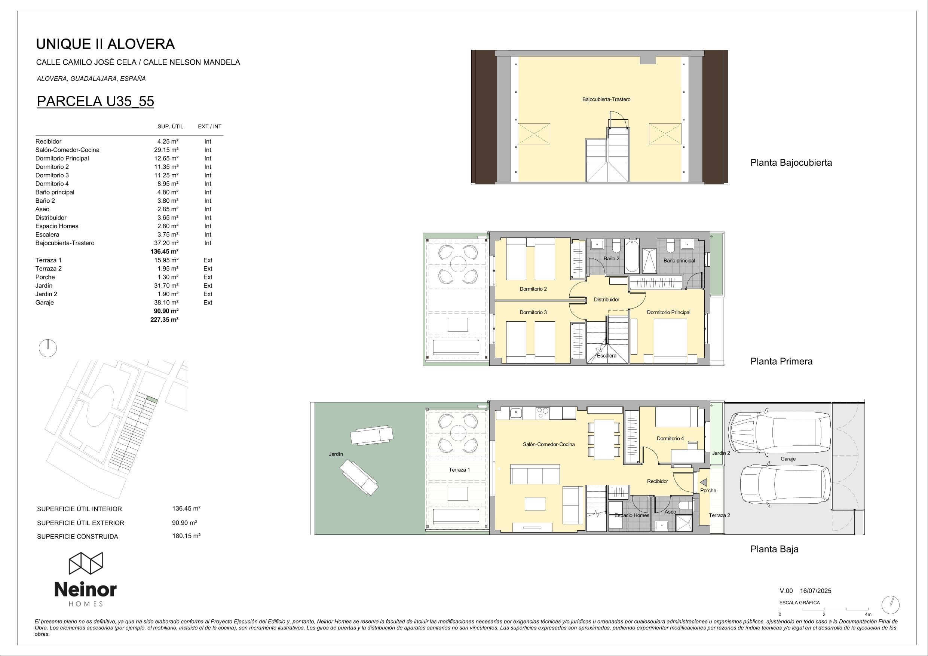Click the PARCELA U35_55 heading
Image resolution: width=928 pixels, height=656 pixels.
tap(95, 101)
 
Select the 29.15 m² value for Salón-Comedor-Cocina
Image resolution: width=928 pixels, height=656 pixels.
tap(168, 150)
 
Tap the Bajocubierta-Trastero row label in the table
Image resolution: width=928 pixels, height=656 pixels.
tap(65, 243)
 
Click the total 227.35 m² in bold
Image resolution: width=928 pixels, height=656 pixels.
tap(165, 319)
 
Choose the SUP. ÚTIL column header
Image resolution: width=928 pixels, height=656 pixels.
tap(170, 126)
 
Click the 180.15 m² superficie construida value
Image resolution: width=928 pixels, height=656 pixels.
tap(186, 536)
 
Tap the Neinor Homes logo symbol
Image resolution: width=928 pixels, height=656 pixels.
tap(86, 564)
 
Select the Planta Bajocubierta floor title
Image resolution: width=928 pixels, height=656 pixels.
tap(791, 162)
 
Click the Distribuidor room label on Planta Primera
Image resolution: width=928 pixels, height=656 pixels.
tap(606, 300)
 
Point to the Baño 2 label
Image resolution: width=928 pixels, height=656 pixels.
tap(612, 258)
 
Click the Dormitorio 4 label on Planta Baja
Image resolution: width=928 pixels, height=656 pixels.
tap(670, 438)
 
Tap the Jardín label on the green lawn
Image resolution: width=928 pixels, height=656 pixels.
tap(336, 454)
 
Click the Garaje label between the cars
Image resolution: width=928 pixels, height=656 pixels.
tap(788, 459)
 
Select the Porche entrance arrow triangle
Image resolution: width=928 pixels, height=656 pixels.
tap(704, 482)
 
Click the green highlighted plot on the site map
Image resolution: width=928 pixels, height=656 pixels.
tap(152, 400)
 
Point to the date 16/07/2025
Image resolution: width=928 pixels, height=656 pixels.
tap(816, 591)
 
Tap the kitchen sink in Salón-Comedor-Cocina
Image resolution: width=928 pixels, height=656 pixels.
tap(515, 413)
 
